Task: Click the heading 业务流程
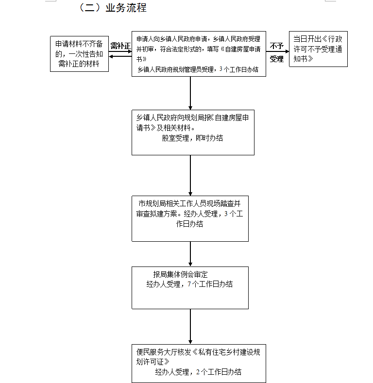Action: coord(126,8)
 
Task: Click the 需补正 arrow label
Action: coord(120,46)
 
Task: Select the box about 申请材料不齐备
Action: coord(80,54)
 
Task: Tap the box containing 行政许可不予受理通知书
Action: coord(318,49)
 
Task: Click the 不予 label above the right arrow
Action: coord(277,46)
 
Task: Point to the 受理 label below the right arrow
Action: coord(277,59)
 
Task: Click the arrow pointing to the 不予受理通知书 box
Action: coord(277,51)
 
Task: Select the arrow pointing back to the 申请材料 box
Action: coord(120,57)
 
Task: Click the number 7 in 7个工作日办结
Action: coord(189,284)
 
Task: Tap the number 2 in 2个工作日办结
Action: coord(198,372)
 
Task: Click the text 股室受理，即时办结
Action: coord(192,138)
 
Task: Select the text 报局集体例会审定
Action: coord(180,274)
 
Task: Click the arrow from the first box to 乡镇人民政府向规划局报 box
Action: coord(190,93)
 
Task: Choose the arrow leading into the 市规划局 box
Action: coord(190,175)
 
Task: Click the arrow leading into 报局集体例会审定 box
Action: coord(190,254)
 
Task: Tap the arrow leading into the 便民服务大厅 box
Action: coord(190,327)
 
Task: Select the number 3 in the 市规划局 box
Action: coord(226,214)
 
